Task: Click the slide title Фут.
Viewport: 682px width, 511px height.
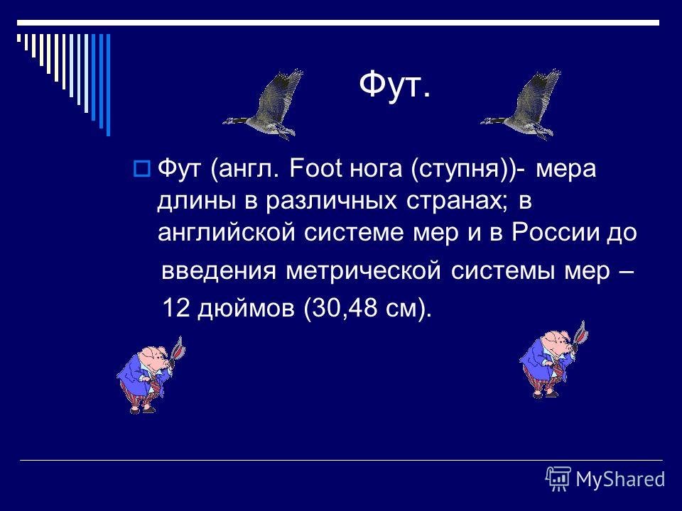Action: click(x=395, y=85)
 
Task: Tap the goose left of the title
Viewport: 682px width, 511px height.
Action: click(x=264, y=105)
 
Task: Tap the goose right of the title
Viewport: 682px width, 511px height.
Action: click(x=521, y=105)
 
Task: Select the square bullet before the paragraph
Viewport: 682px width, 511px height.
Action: click(x=142, y=168)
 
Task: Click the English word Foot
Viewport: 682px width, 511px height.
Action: click(x=315, y=168)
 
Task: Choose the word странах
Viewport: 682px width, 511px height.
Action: click(x=457, y=201)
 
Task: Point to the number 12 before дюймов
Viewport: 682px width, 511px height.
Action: click(x=176, y=308)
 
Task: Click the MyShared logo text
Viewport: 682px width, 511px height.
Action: click(x=620, y=480)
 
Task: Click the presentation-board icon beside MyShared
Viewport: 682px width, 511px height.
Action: click(x=558, y=479)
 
